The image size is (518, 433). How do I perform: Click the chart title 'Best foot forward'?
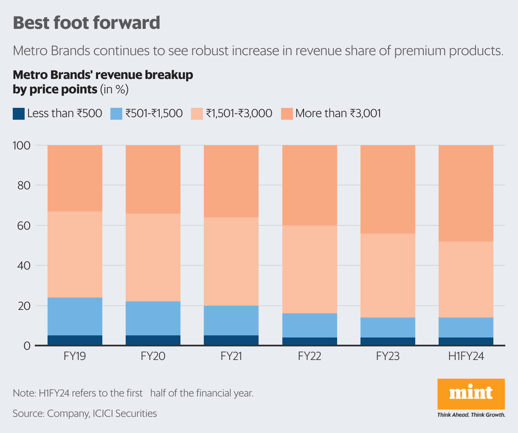[87, 22]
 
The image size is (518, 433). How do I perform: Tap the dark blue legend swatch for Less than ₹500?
[19, 113]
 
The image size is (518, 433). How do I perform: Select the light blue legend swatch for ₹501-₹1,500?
[116, 113]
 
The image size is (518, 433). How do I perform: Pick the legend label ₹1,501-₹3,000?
[239, 113]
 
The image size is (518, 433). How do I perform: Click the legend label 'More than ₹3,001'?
[338, 113]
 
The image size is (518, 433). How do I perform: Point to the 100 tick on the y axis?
[22, 146]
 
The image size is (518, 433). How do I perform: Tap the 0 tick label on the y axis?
[27, 346]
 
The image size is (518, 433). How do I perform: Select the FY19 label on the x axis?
[75, 356]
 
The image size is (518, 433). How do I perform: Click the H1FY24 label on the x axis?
[466, 356]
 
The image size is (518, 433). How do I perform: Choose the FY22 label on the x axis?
[310, 356]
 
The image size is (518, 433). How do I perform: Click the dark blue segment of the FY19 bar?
[75, 340]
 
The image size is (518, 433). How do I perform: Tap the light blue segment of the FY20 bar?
[153, 318]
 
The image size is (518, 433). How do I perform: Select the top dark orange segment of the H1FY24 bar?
[466, 193]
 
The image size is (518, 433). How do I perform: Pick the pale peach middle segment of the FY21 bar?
[231, 261]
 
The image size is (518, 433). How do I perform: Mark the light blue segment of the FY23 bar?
[388, 327]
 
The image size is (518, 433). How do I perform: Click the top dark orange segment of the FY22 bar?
[310, 185]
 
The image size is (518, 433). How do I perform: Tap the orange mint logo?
[471, 394]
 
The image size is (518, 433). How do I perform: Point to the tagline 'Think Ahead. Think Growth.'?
[471, 415]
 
